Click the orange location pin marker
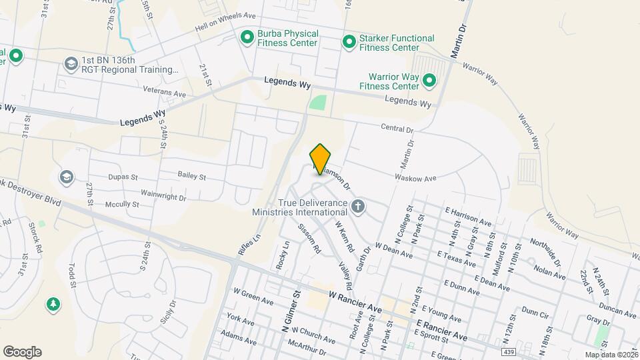click(321, 159)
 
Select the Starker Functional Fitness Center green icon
click(349, 42)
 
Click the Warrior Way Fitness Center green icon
click(429, 82)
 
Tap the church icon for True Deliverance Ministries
click(359, 206)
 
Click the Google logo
click(22, 351)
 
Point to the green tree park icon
click(52, 305)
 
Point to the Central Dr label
click(398, 128)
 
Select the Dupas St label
click(122, 178)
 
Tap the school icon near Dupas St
click(66, 177)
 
